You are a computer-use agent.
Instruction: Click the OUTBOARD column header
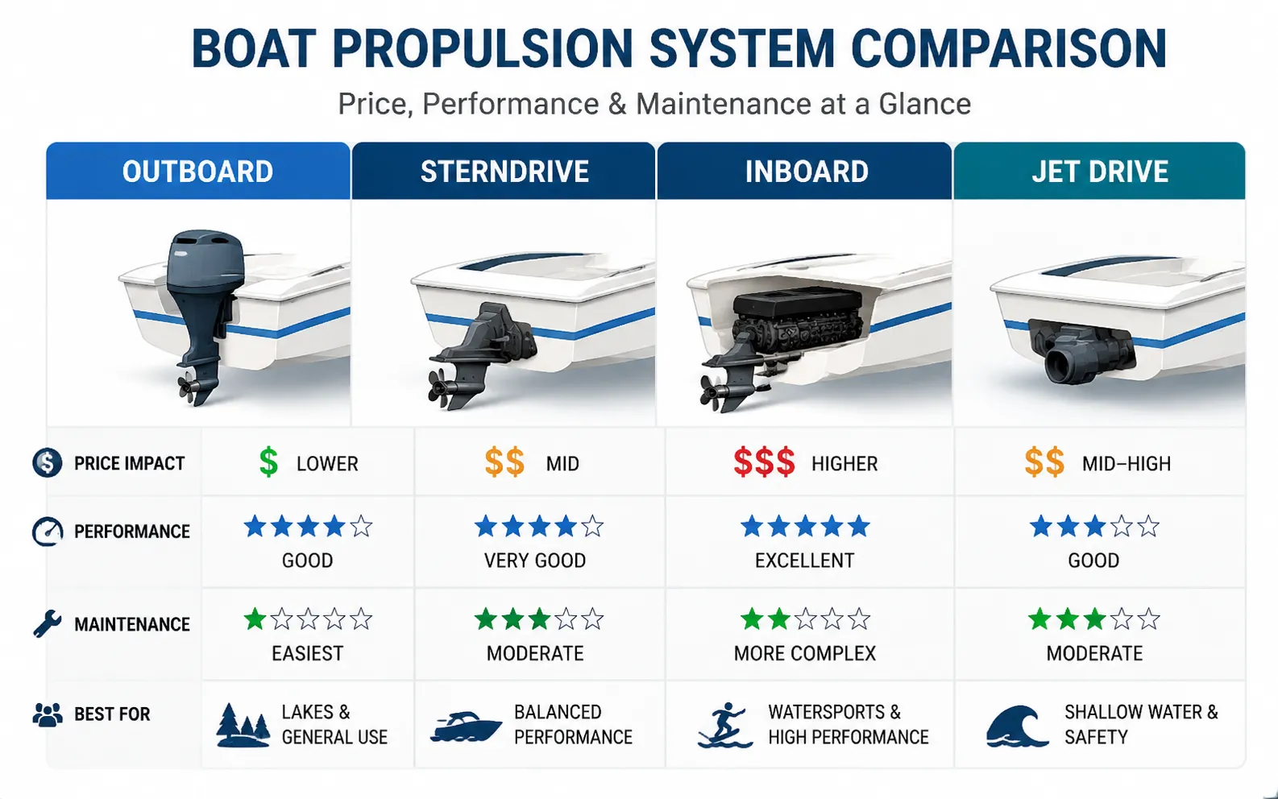tap(198, 171)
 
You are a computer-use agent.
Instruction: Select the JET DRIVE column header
tap(1099, 171)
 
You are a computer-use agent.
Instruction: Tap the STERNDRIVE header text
tap(504, 172)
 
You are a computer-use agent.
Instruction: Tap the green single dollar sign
tap(268, 462)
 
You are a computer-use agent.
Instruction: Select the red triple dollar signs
tap(765, 462)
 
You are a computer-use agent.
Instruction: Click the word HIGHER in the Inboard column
tap(844, 464)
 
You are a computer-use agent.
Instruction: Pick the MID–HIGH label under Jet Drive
tap(1127, 464)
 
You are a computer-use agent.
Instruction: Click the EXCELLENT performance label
tap(804, 561)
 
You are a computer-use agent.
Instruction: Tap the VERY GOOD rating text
tap(535, 561)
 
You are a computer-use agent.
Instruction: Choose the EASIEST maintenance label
tap(308, 653)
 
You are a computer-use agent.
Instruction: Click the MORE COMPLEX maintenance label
tap(804, 653)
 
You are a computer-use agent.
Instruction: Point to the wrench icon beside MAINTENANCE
tap(47, 623)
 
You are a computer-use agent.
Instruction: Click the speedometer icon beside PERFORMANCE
tap(48, 532)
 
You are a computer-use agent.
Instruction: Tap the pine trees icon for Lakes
tap(243, 726)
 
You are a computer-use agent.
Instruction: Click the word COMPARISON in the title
tap(1009, 49)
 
